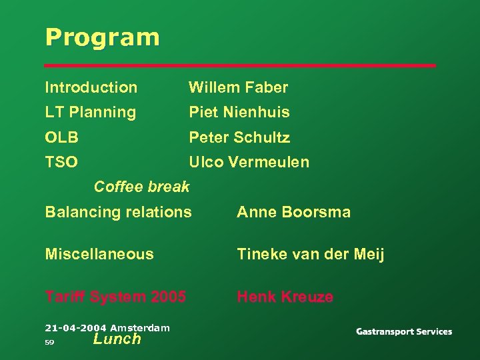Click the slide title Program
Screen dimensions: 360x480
point(102,37)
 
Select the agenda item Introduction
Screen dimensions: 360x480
point(91,87)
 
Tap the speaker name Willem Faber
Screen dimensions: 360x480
point(238,87)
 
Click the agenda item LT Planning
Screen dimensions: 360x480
point(90,113)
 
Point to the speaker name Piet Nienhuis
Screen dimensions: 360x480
point(239,113)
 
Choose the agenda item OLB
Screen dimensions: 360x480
point(61,138)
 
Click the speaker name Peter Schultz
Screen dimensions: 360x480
point(239,138)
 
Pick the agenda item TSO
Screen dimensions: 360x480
point(61,162)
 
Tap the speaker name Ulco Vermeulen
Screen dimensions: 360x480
point(249,162)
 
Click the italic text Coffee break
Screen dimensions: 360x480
point(141,187)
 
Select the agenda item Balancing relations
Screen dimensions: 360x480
point(118,213)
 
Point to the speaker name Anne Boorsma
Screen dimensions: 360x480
point(293,213)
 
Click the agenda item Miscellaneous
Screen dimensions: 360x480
point(99,254)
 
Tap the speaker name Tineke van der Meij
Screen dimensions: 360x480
point(311,254)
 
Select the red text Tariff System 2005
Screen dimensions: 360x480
point(115,297)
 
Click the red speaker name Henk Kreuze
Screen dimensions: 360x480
point(285,297)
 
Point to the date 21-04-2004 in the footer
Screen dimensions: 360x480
point(76,327)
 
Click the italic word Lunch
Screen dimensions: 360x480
point(117,339)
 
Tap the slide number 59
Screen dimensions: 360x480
point(49,342)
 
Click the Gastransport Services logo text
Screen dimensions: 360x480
point(404,331)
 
